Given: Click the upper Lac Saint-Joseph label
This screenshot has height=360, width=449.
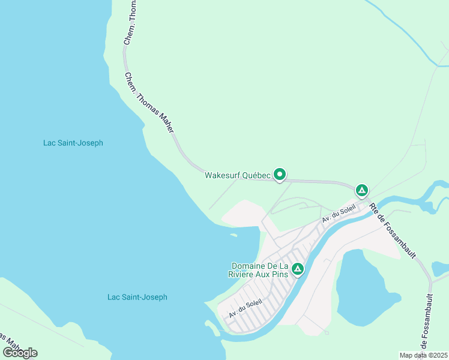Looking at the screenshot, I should [x=73, y=143].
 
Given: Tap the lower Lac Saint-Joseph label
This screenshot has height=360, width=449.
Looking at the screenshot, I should [x=137, y=297].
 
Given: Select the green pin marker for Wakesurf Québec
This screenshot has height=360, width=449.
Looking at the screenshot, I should [x=280, y=175].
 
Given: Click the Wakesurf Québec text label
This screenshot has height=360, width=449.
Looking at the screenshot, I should [x=238, y=176].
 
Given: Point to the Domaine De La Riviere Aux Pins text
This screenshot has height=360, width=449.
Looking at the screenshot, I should [x=260, y=270].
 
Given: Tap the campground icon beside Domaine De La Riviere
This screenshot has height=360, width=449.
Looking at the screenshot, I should [x=297, y=270].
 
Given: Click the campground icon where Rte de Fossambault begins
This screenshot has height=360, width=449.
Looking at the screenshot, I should [x=361, y=191].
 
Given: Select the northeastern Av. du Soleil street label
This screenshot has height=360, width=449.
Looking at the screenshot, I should [x=339, y=213].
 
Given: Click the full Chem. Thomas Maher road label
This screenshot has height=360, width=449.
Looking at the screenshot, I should [x=149, y=103].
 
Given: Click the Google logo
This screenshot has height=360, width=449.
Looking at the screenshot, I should [x=20, y=352].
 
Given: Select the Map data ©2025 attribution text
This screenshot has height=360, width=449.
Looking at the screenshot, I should [x=423, y=355].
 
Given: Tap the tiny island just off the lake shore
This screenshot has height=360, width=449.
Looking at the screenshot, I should [x=234, y=235].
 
